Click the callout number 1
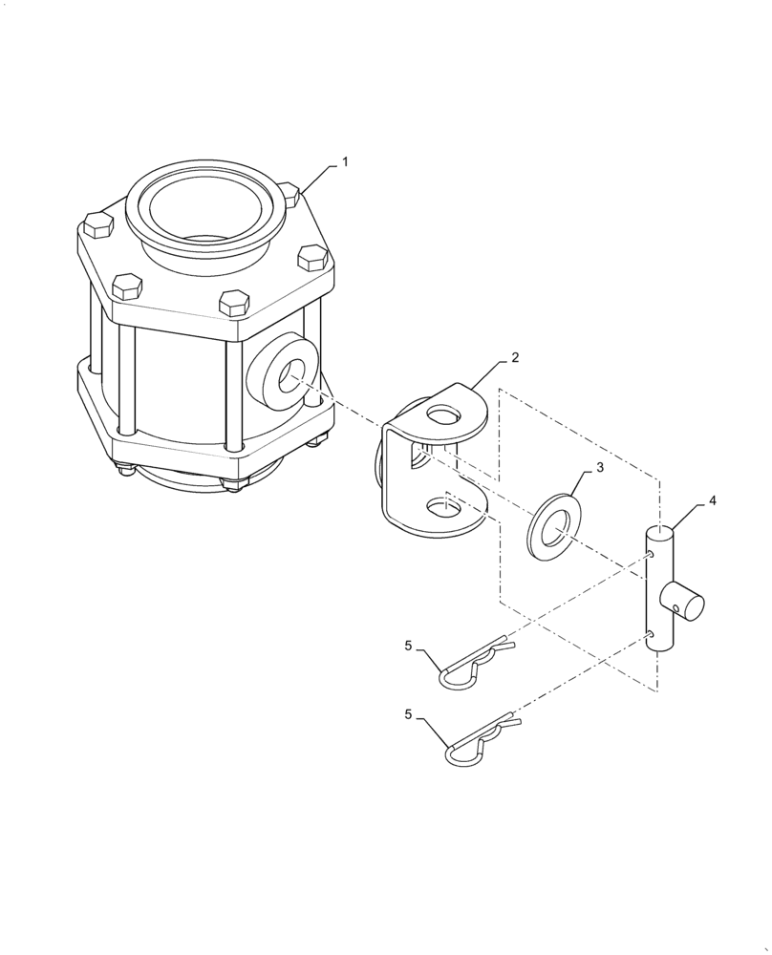(345, 162)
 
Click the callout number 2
(515, 358)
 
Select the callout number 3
(600, 467)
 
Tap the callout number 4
(713, 499)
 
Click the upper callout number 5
(408, 646)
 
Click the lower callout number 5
(408, 713)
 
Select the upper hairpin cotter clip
(473, 665)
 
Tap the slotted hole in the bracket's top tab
(442, 415)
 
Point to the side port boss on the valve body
(280, 372)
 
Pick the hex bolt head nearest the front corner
(234, 303)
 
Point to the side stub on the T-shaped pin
(685, 603)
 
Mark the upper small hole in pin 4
(649, 555)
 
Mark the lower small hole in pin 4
(649, 632)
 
